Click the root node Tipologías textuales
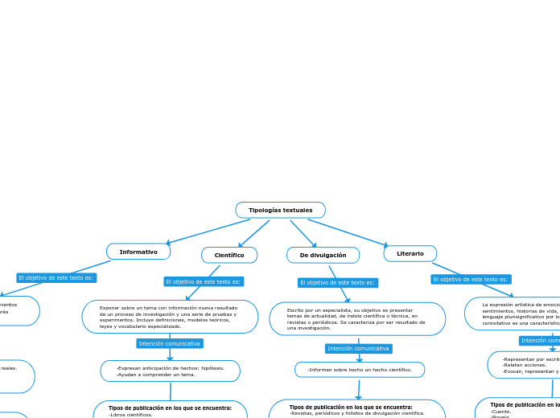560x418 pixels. point(280,210)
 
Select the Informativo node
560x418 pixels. point(138,252)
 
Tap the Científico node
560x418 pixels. point(229,255)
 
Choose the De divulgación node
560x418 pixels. point(323,255)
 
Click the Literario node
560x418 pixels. point(410,253)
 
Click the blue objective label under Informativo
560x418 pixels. point(56,277)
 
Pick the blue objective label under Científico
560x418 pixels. point(204,281)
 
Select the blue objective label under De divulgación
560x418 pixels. point(337,282)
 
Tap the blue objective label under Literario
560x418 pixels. point(471,279)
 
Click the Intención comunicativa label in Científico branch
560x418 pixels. point(170,343)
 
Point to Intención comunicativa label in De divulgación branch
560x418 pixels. point(359,348)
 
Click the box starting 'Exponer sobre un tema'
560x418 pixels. point(170,317)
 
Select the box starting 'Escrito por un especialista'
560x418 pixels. point(357,318)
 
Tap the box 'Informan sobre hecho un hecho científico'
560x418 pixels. point(360,370)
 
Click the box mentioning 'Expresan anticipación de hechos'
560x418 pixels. point(170,371)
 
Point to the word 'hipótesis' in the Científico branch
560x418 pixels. point(212,367)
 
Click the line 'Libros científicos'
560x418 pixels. point(131,414)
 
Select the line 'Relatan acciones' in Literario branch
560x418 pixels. point(524,365)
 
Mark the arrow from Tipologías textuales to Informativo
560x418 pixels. point(207,232)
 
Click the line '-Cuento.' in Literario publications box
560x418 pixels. point(501,411)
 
